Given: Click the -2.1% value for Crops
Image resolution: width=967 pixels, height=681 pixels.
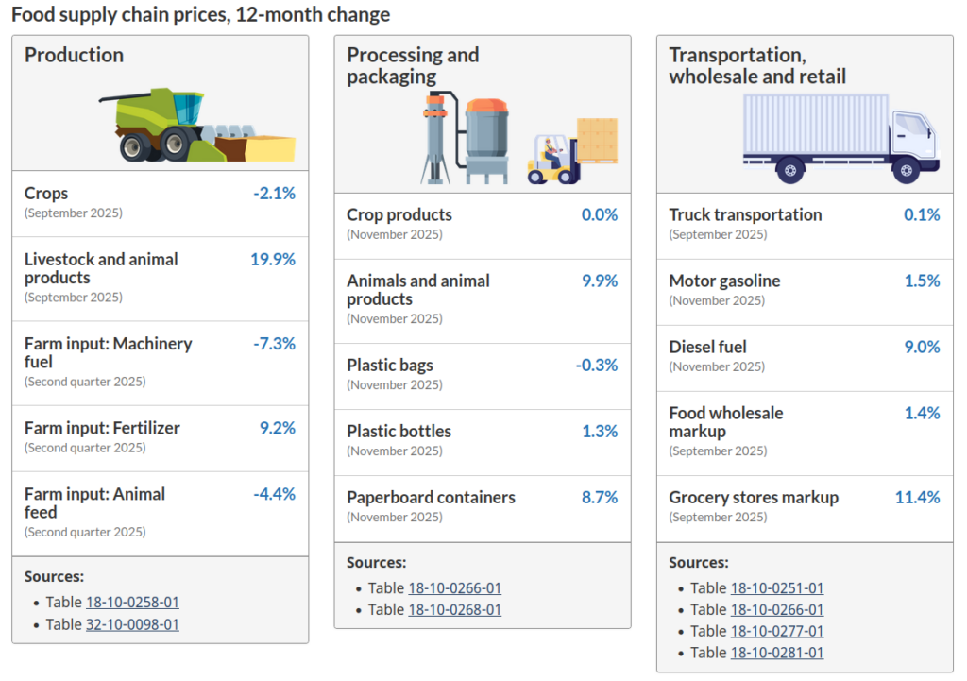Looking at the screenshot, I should point(274,194).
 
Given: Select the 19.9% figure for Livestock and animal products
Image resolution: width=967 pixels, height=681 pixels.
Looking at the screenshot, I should point(272,260).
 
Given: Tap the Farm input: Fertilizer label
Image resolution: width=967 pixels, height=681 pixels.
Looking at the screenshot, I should point(102,428).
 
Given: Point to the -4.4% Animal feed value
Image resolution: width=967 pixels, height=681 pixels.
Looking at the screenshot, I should point(274,494).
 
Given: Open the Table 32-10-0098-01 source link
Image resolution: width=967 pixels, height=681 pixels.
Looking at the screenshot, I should point(132,624).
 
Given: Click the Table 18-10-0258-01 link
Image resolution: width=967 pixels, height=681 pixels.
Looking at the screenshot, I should point(132,603).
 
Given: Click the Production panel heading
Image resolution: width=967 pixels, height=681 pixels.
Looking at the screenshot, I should point(74,55).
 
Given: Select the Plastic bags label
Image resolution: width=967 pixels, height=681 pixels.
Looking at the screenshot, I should point(390,366).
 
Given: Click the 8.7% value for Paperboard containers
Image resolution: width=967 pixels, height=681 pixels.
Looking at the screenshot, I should point(599,498).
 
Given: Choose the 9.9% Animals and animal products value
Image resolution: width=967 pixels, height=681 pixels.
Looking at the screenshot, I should point(599,281).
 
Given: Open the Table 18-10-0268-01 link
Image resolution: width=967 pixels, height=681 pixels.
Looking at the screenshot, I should point(454,610).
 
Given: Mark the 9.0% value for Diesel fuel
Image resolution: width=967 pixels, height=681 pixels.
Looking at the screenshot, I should point(922,348).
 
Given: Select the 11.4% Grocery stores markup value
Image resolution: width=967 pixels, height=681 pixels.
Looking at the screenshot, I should point(917,498).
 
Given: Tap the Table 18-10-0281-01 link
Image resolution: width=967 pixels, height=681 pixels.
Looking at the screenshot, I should point(776,653).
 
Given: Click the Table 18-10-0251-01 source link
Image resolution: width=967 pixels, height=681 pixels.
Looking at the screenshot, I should point(776,588).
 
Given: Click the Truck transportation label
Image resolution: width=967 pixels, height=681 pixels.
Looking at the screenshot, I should point(745,215).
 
